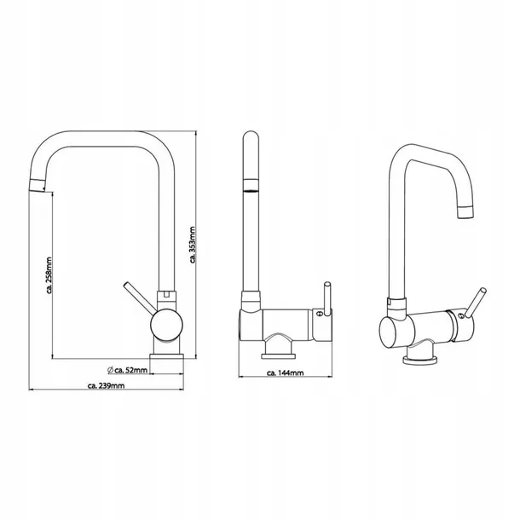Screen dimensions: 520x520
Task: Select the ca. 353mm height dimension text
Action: point(194,245)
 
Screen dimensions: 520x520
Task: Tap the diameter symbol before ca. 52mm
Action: point(112,369)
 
